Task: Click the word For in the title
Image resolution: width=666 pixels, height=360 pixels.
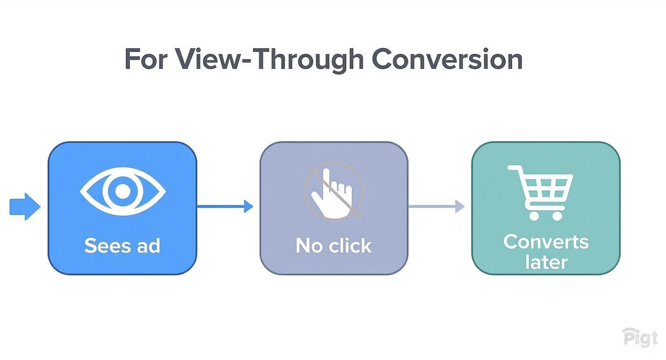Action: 146,59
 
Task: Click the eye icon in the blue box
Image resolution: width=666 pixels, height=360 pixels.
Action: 122,191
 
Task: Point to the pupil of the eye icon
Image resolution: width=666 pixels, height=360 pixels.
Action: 122,191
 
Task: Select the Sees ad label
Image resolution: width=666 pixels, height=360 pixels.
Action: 122,246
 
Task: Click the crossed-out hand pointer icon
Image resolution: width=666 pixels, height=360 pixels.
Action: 334,191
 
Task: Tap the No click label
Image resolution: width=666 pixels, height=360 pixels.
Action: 333,246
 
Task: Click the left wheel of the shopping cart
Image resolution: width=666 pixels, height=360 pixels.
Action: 534,215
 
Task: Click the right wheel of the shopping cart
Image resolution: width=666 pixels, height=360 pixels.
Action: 557,215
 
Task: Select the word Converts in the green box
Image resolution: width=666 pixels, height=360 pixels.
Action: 546,241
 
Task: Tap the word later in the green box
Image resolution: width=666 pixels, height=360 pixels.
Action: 546,262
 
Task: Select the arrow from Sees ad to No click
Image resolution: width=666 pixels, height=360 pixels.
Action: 225,207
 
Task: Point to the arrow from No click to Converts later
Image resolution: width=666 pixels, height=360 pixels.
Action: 436,207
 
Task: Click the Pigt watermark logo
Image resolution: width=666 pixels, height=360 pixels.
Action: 640,337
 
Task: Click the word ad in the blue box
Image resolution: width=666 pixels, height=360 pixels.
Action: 148,246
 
